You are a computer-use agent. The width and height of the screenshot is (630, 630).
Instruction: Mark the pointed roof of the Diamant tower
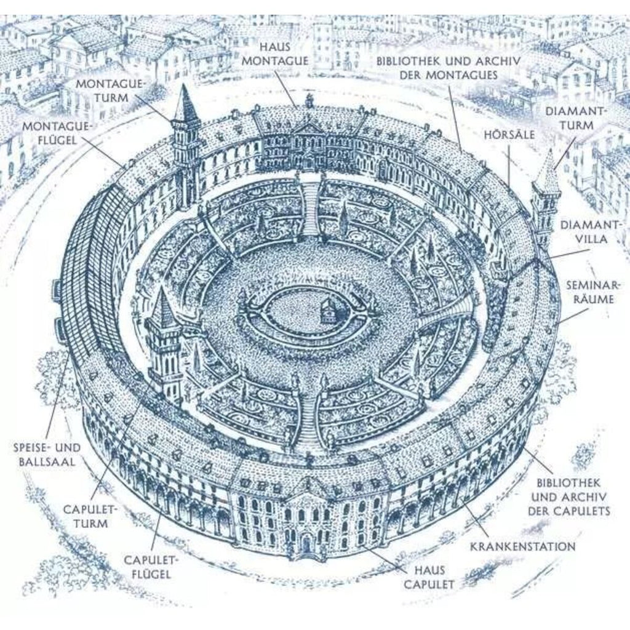coord(546,175)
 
